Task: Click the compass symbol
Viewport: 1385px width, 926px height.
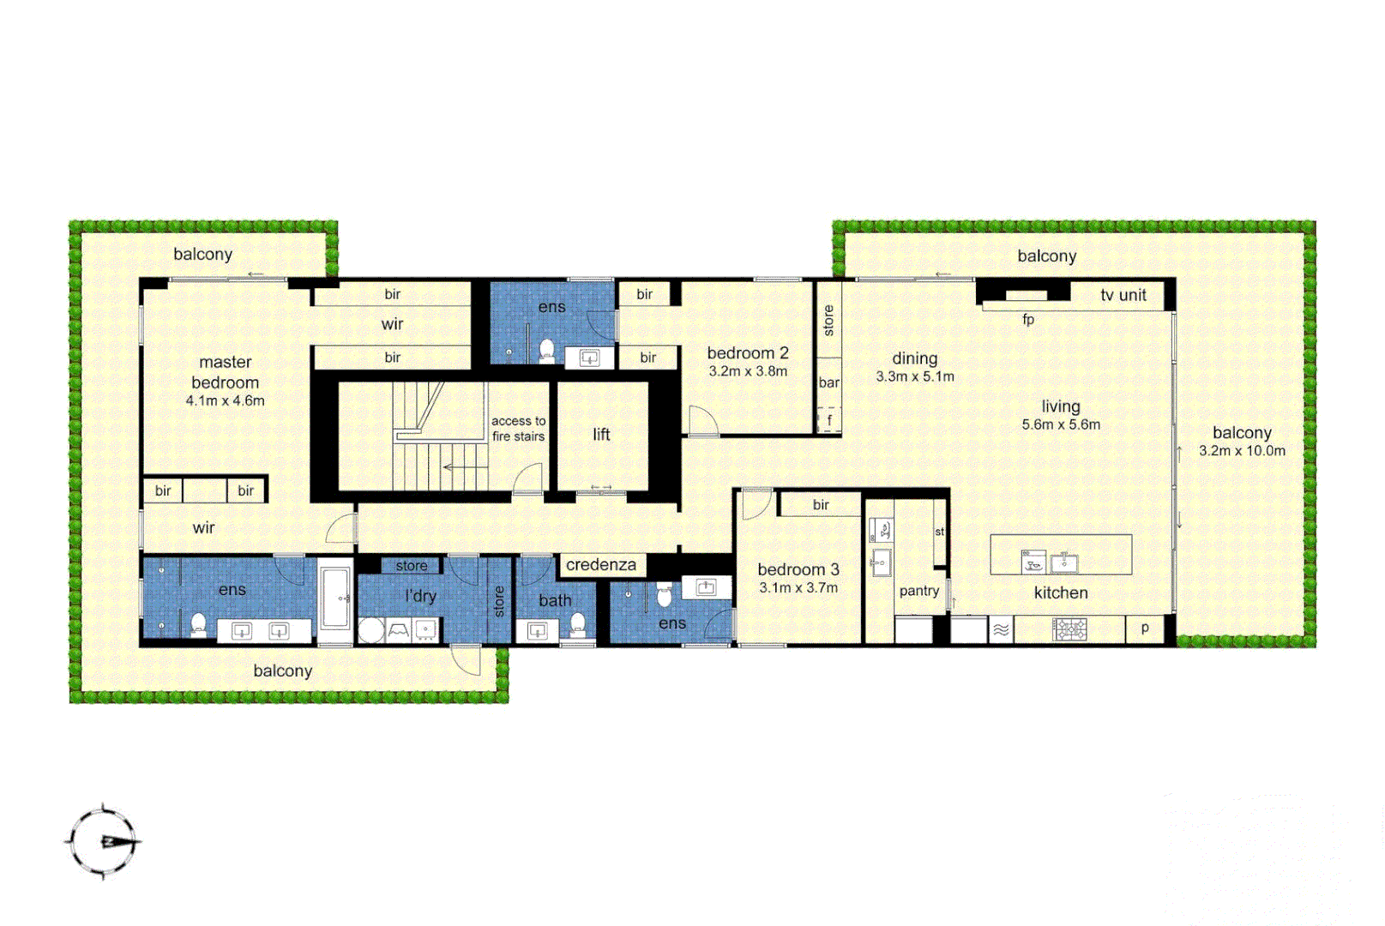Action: (104, 841)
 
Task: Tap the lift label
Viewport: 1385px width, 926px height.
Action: (601, 435)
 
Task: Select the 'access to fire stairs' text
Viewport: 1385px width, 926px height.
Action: (518, 429)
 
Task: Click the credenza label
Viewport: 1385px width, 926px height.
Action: (601, 565)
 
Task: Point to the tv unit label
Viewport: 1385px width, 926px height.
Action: (1123, 295)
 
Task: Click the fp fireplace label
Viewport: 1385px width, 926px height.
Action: (1028, 320)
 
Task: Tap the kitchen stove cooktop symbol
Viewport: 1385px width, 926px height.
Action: (1069, 630)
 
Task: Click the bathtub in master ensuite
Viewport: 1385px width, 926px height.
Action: (335, 597)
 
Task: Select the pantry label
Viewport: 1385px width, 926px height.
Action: (919, 591)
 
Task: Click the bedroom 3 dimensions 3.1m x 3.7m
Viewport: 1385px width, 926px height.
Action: (798, 588)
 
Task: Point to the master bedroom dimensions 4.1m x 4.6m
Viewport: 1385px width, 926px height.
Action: (226, 400)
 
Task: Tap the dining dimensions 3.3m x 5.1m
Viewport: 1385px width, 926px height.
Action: (915, 376)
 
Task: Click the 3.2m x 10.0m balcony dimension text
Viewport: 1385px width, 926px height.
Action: (1242, 451)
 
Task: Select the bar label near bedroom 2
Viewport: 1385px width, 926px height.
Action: (828, 382)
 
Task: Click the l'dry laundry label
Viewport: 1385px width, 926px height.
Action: (420, 596)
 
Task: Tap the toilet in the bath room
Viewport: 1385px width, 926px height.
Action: (578, 623)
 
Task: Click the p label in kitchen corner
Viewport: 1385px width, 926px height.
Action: (1145, 628)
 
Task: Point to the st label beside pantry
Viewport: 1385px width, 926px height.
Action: (939, 532)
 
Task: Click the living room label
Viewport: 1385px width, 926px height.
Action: (1061, 406)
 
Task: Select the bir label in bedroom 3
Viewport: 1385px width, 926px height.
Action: (821, 505)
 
